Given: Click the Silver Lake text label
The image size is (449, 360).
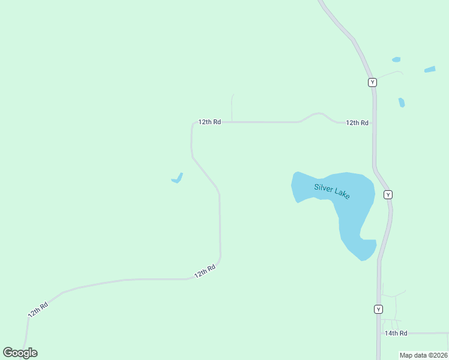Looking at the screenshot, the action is click(332, 191).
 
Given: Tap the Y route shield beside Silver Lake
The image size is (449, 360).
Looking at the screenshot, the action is click(388, 194).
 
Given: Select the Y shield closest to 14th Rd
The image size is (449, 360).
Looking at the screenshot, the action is click(378, 309).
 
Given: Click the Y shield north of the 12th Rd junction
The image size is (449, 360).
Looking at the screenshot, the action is click(373, 82).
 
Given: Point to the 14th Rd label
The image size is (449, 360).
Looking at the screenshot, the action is click(396, 333).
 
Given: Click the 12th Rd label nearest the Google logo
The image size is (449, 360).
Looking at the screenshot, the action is click(37, 310).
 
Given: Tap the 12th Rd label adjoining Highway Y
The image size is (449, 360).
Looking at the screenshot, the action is click(357, 122).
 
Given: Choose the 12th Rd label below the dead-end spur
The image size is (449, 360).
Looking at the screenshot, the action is click(210, 122).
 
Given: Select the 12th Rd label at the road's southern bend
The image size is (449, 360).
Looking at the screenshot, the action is click(205, 272).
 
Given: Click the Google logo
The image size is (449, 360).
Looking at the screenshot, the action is click(20, 353).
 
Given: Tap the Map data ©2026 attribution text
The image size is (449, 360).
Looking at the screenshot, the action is click(424, 355).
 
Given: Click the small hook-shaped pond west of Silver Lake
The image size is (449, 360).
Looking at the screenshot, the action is click(178, 178).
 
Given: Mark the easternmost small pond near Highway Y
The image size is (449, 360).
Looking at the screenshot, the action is click(430, 70).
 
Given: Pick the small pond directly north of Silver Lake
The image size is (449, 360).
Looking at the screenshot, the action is click(402, 103).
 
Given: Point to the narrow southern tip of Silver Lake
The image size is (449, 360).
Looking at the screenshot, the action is click(364, 257).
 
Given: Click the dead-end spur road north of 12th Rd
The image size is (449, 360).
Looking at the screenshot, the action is click(232, 107).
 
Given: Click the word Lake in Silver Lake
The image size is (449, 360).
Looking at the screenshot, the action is click(341, 195).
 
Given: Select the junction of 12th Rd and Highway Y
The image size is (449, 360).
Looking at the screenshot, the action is click(374, 122).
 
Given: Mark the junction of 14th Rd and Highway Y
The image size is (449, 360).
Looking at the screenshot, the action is click(379, 333).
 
